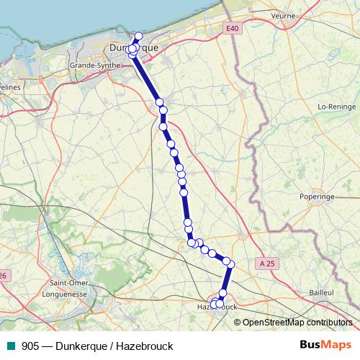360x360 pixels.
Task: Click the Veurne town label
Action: click(284, 15)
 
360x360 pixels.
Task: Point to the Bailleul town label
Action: click(320, 293)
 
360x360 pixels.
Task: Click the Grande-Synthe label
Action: click(91, 65)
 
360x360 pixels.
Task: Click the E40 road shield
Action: click(231, 28)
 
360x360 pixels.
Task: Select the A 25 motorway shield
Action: click(266, 264)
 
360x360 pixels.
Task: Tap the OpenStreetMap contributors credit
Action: click(298, 323)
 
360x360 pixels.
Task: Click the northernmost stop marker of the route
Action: click(139, 37)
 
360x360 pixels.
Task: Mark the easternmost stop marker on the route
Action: click(231, 264)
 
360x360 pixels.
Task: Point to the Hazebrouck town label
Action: click(216, 307)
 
